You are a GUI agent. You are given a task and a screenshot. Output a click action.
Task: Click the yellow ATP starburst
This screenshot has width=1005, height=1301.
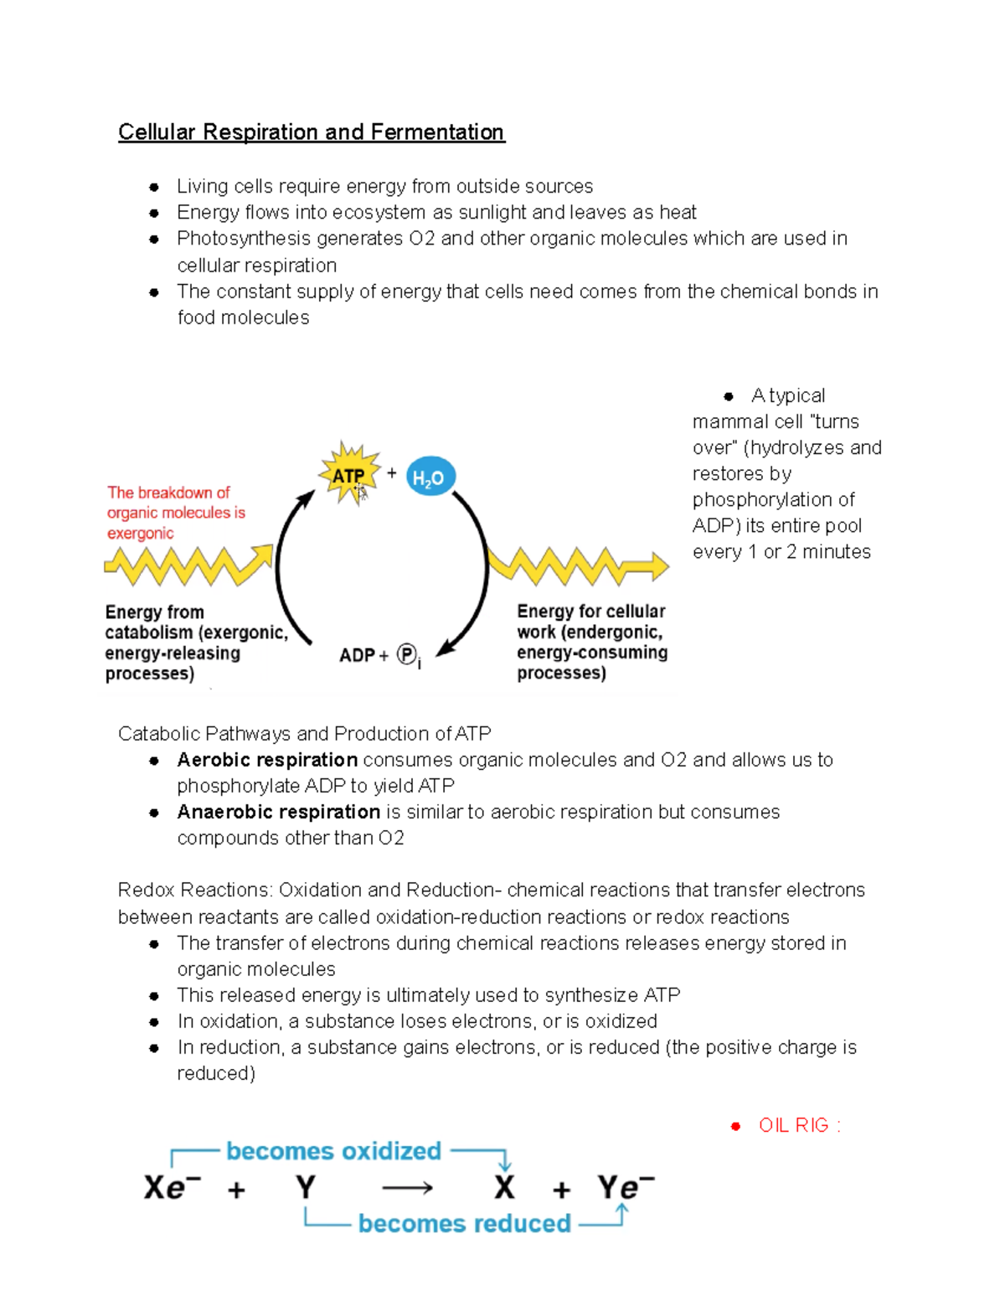pyautogui.click(x=348, y=475)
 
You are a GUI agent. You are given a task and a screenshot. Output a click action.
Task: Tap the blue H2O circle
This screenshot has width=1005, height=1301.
pyautogui.click(x=430, y=478)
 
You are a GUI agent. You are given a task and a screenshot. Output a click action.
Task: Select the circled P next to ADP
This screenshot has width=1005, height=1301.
pyautogui.click(x=406, y=654)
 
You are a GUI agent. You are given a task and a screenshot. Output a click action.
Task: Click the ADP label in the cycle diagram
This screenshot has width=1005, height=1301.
pyautogui.click(x=357, y=655)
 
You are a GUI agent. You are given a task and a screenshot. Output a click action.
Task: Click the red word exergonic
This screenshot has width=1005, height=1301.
pyautogui.click(x=140, y=533)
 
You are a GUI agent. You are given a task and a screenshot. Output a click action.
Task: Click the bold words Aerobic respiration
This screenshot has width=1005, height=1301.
pyautogui.click(x=267, y=760)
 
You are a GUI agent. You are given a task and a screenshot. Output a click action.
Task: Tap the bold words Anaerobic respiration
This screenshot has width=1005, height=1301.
pyautogui.click(x=278, y=812)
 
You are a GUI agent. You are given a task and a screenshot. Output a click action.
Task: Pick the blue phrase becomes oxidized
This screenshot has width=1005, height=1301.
pyautogui.click(x=333, y=1151)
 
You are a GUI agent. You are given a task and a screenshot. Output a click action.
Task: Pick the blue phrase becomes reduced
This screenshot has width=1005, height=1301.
pyautogui.click(x=464, y=1223)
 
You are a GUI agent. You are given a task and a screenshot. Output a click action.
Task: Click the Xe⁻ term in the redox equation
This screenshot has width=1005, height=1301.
pyautogui.click(x=172, y=1187)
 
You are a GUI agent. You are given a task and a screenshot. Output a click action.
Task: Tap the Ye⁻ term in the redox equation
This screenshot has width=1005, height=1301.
pyautogui.click(x=625, y=1187)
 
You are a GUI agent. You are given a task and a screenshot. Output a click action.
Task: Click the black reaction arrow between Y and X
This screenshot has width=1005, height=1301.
pyautogui.click(x=407, y=1188)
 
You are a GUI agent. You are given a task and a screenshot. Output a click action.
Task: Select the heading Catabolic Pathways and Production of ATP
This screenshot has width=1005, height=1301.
pyautogui.click(x=304, y=734)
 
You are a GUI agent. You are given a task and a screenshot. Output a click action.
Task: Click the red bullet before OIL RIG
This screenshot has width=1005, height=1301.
pyautogui.click(x=735, y=1126)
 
